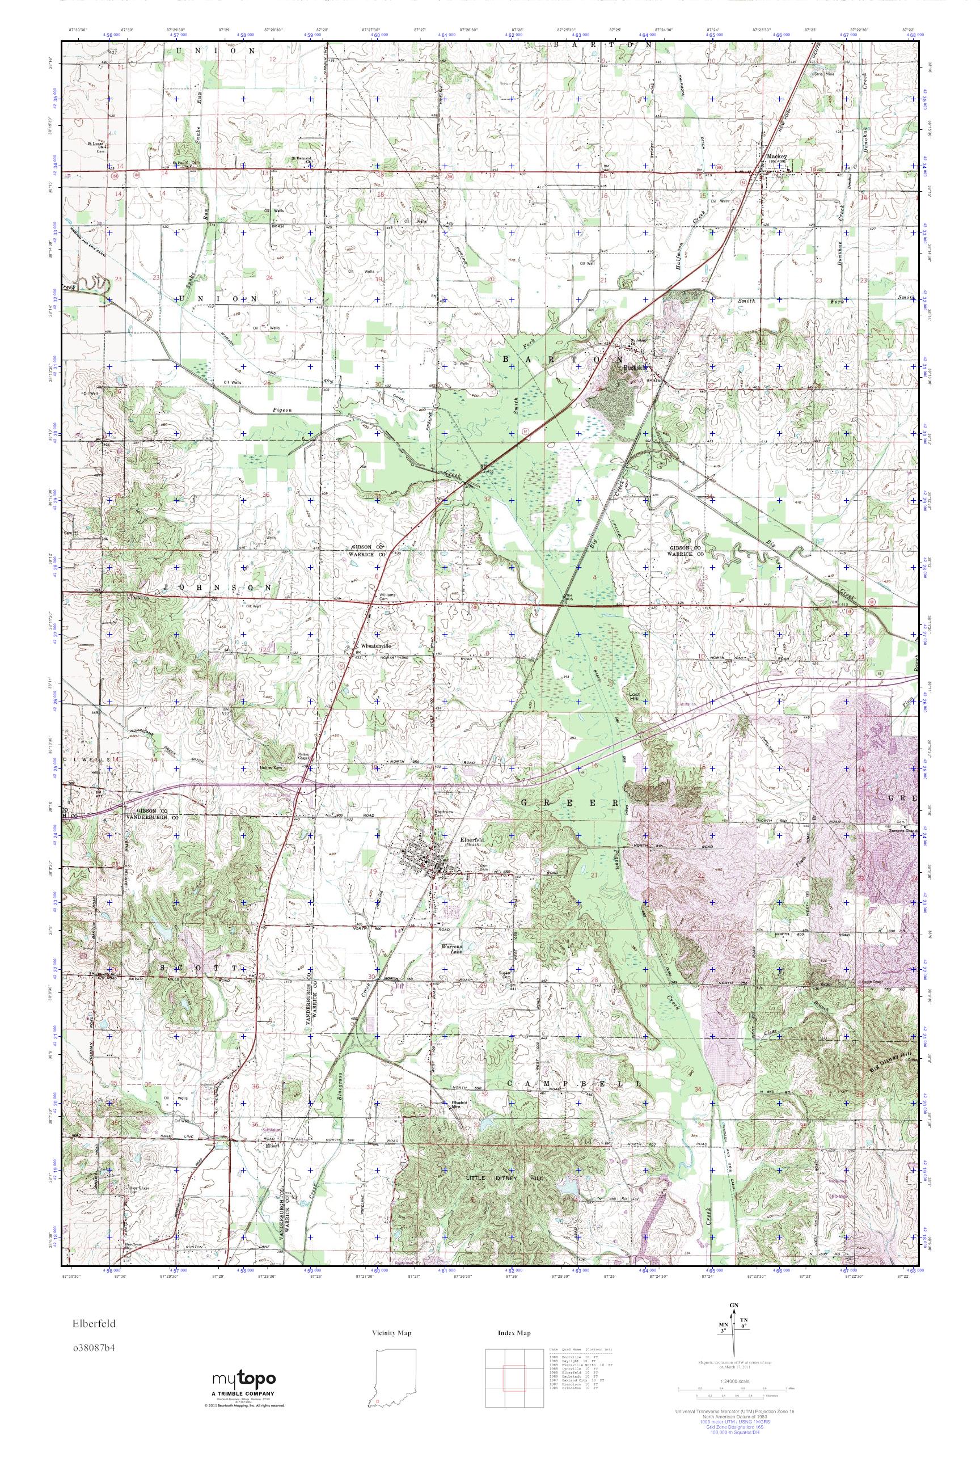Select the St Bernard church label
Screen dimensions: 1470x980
coord(301,159)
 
